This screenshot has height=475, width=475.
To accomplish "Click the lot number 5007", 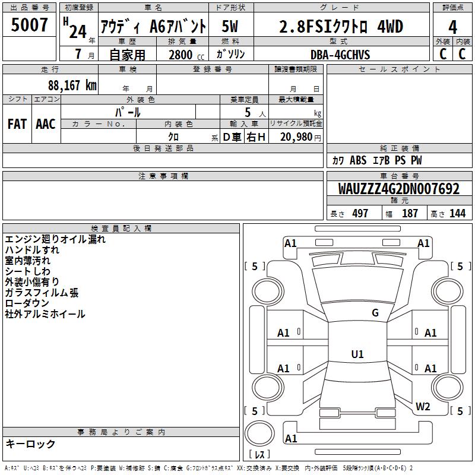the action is tap(29, 25).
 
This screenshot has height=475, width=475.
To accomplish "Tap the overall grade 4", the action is tap(452, 27).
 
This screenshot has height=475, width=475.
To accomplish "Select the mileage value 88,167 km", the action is tap(72, 85).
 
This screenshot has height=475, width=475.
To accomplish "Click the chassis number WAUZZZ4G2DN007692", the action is tap(398, 189).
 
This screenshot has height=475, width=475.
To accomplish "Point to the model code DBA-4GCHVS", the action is tap(340, 55).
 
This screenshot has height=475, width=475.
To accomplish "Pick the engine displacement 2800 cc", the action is tap(186, 55).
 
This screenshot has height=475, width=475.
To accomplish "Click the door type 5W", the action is tap(230, 26).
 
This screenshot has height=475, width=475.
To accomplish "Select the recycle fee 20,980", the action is tap(296, 137).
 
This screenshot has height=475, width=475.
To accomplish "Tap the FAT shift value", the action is tap(17, 124).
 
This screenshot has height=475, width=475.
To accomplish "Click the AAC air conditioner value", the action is tap(46, 124).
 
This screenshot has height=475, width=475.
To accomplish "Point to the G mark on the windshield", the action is tap(375, 313).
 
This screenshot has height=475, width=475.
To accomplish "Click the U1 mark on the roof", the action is tap(357, 354).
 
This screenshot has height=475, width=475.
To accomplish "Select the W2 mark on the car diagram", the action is tap(423, 407).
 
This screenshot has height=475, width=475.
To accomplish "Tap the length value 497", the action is tap(360, 214).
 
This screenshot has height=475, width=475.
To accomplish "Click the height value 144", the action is tap(457, 214).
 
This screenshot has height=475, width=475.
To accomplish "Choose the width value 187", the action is tap(410, 214).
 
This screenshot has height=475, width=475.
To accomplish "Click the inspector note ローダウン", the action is tap(27, 303).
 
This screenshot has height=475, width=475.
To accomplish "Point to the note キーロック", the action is tap(30, 444).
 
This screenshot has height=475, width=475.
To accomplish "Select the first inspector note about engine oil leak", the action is tap(55, 239).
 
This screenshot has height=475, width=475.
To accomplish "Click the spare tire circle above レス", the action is tap(259, 433).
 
